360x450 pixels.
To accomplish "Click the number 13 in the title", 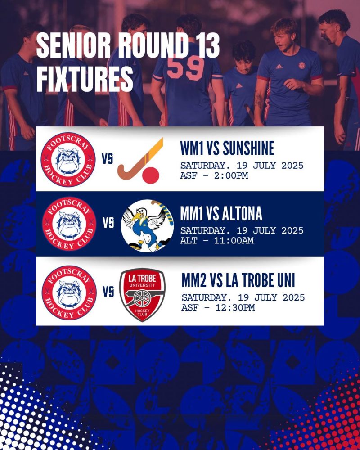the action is (x=204, y=45).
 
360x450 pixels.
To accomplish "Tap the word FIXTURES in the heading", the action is (x=85, y=79).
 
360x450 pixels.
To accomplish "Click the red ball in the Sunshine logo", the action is (x=150, y=175).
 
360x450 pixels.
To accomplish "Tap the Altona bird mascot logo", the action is (x=147, y=226).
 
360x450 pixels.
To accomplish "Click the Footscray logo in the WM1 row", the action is (x=68, y=160).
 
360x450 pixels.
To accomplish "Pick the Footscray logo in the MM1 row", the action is (x=69, y=224).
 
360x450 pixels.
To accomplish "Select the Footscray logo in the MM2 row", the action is (x=69, y=293).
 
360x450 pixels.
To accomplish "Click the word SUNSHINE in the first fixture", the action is (x=248, y=148).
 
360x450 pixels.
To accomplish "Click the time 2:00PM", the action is (x=231, y=175).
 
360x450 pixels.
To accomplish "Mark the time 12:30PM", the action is (x=235, y=307).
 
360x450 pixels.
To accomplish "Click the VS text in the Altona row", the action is (x=108, y=223).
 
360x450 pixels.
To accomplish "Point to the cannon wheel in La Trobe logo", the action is (x=142, y=298).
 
